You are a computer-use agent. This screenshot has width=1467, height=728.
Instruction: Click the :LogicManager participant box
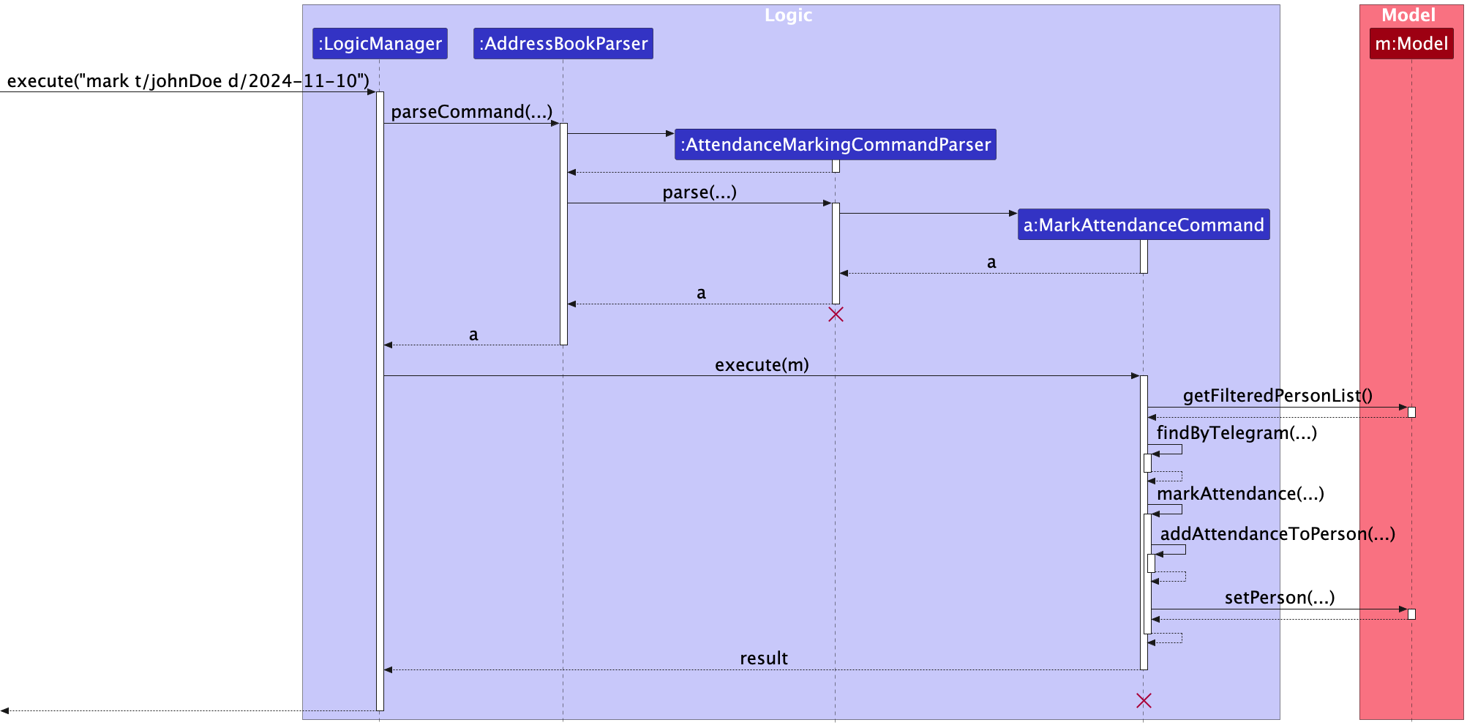(x=380, y=44)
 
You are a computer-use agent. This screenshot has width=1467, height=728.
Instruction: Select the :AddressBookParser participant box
(x=563, y=44)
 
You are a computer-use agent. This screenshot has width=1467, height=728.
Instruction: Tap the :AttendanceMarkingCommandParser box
(x=835, y=145)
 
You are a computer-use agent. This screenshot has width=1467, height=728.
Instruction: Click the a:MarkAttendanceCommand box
(x=1143, y=225)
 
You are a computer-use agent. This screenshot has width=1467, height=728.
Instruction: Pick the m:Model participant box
(x=1411, y=44)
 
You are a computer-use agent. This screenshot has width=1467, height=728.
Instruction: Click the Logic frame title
(x=788, y=15)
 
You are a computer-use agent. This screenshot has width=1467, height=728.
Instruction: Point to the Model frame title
(x=1408, y=15)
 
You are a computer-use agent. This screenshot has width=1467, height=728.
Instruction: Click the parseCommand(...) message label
(x=471, y=112)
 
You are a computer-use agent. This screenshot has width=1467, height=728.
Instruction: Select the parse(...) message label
(x=699, y=192)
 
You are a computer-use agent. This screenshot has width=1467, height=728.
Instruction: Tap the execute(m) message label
(x=761, y=365)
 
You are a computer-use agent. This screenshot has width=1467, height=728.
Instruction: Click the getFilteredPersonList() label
(x=1277, y=396)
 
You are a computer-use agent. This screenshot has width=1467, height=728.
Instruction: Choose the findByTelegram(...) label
(x=1236, y=433)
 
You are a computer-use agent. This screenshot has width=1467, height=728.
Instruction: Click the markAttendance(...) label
(x=1239, y=494)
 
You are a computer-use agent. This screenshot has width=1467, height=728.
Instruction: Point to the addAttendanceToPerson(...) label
(x=1277, y=534)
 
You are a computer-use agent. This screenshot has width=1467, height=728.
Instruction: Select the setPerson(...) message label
(x=1279, y=598)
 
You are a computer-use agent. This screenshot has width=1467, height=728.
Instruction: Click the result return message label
(x=763, y=658)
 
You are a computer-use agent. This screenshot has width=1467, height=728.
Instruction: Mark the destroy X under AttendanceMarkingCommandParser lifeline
(x=836, y=315)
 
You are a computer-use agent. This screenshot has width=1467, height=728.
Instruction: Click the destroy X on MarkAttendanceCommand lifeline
(x=1144, y=701)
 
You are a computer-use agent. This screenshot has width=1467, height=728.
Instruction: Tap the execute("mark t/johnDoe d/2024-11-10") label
(x=188, y=81)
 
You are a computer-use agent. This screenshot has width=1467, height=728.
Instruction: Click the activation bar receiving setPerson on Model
(x=1411, y=614)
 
